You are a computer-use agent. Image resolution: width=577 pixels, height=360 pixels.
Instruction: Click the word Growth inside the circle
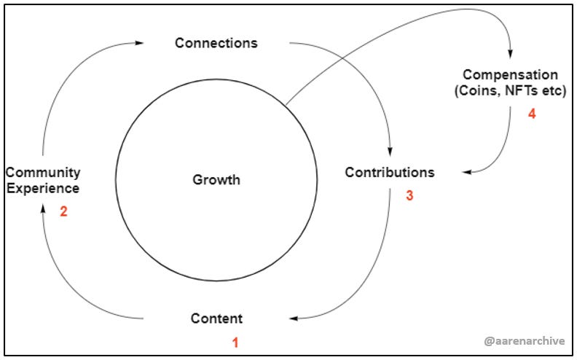216,179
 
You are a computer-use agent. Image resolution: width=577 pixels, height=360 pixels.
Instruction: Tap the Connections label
216,43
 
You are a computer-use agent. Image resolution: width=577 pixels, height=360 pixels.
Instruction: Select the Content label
216,318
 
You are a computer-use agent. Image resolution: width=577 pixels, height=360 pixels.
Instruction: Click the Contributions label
389,173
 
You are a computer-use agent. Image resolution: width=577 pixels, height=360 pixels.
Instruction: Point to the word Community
42,173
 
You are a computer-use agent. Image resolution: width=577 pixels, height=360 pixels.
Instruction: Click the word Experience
42,188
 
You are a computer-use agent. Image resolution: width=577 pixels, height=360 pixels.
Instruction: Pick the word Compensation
511,75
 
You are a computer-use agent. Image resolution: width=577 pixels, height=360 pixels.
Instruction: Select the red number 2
63,214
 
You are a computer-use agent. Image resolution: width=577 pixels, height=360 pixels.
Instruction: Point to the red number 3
409,195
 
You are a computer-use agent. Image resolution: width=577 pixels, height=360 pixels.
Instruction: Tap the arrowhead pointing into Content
294,318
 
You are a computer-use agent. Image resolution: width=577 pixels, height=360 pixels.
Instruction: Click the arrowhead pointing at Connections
139,43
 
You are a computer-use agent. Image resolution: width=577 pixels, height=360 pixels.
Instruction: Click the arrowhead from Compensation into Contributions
466,173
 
